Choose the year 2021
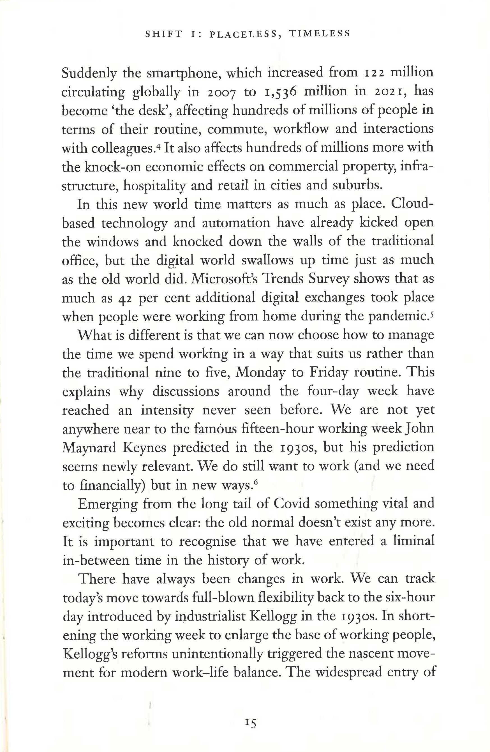[x=392, y=92]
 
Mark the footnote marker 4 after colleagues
[x=158, y=145]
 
